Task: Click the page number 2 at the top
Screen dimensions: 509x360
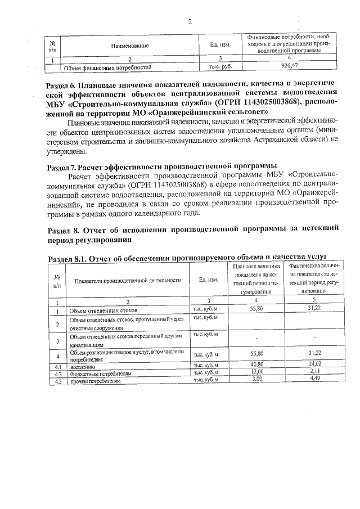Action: [x=190, y=22]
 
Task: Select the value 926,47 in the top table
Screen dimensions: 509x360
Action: [x=289, y=66]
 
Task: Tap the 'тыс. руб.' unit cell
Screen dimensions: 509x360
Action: [x=217, y=66]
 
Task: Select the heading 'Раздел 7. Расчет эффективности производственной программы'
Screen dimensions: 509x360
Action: [x=162, y=167]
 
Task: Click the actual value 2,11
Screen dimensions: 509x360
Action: [x=314, y=373]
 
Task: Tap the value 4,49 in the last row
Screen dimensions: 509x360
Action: [x=314, y=380]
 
